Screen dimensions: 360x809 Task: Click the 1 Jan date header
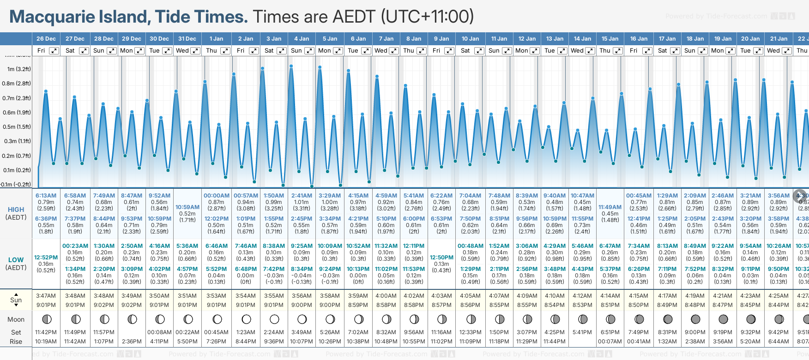click(x=216, y=39)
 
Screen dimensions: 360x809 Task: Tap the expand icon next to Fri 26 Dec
click(x=54, y=51)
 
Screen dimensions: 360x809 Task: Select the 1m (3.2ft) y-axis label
click(x=19, y=69)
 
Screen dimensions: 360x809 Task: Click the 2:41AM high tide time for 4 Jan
click(x=302, y=196)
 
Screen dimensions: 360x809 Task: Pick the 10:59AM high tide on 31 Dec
click(x=187, y=207)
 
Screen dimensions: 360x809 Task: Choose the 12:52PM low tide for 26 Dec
click(x=46, y=258)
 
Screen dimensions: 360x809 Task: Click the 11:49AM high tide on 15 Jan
click(x=610, y=207)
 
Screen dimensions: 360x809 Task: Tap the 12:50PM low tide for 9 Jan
click(x=441, y=258)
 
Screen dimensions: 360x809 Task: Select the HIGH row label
click(x=16, y=210)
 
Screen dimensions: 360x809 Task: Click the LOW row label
click(x=16, y=260)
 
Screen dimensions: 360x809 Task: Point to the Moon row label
click(x=16, y=319)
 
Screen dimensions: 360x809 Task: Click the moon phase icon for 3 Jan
click(x=274, y=319)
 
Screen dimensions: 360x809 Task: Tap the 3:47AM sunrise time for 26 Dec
click(x=46, y=296)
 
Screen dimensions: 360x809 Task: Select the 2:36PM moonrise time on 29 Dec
click(x=132, y=342)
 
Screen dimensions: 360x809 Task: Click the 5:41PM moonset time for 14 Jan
click(x=582, y=332)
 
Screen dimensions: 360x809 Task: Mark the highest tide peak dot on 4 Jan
click(x=291, y=66)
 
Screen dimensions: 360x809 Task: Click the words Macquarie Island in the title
click(x=78, y=17)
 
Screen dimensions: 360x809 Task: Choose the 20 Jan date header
click(x=750, y=39)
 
